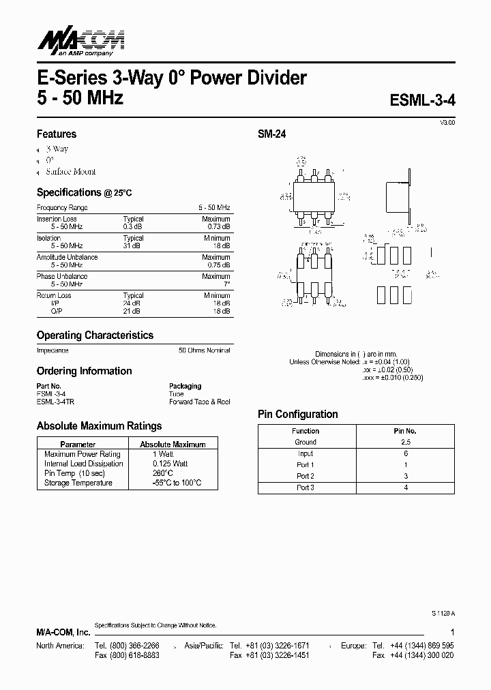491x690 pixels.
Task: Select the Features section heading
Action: coord(57,134)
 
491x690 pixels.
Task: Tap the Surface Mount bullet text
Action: coord(71,172)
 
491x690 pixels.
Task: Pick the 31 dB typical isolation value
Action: coord(133,245)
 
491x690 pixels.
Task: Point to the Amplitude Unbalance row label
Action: coord(67,257)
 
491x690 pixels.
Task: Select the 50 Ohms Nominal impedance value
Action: coord(204,350)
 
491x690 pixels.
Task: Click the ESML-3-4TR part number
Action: coord(55,402)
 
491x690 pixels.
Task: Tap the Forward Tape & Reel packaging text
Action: coord(200,402)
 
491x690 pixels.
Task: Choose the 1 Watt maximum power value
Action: coord(162,454)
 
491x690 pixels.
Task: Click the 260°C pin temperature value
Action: coord(162,473)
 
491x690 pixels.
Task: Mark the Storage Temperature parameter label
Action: coord(78,483)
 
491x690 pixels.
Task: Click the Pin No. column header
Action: coord(406,431)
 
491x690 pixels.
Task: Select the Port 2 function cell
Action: coord(305,476)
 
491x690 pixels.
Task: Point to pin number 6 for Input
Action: coord(406,453)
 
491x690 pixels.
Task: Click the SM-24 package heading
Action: coord(271,135)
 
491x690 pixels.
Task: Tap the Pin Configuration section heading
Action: coord(297,415)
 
